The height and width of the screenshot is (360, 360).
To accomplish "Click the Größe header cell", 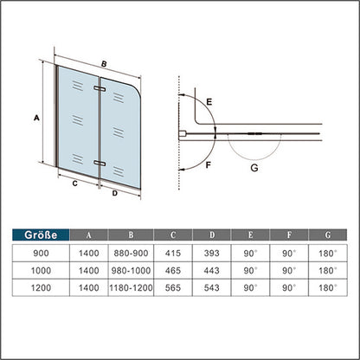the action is click(41, 235).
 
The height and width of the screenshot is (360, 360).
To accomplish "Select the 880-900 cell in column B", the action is click(131, 254).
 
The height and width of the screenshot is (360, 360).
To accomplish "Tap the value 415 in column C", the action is click(173, 254).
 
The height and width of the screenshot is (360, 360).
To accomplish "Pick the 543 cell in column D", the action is click(211, 287).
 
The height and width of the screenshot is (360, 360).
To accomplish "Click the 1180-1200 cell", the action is click(131, 287).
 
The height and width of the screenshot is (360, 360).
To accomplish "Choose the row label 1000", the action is click(41, 271).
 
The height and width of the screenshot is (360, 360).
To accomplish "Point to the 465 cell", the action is click(173, 271).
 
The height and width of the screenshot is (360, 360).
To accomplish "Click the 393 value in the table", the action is click(211, 254).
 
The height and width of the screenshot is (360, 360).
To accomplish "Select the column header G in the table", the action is click(328, 235).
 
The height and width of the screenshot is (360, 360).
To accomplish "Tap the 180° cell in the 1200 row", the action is click(328, 287).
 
